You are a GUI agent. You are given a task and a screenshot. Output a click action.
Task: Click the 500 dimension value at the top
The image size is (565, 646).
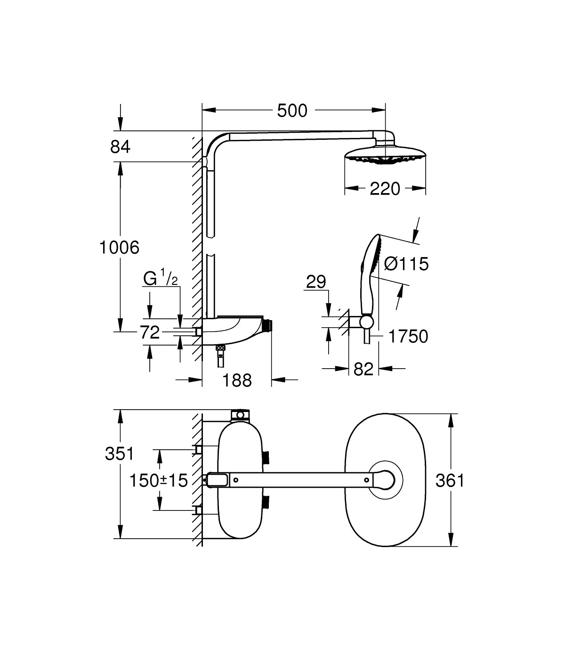click(292, 111)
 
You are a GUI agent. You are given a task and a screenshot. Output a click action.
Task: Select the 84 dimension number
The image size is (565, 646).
click(120, 147)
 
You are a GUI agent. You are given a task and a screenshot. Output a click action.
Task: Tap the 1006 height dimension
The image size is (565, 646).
click(120, 247)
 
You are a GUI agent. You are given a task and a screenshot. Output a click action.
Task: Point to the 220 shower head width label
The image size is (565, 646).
click(385, 189)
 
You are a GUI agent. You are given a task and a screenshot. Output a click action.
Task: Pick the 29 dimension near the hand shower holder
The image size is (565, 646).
click(316, 282)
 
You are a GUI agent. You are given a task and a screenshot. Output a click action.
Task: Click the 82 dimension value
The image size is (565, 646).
click(363, 369)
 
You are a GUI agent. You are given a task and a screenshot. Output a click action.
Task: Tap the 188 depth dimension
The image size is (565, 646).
click(237, 380)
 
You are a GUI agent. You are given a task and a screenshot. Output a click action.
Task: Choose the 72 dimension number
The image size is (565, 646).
click(150, 333)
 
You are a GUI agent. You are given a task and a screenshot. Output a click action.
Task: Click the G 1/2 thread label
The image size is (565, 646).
click(161, 279)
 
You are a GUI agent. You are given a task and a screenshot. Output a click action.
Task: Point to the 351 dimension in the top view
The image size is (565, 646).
click(120, 454)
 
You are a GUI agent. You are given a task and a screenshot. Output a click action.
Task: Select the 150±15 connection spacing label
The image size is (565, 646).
click(159, 481)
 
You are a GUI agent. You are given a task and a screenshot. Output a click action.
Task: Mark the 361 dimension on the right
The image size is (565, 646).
click(450, 481)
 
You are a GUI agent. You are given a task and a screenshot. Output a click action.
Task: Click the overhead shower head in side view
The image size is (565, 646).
click(386, 156)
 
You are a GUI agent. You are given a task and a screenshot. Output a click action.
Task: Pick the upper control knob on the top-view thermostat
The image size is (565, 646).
click(267, 456)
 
